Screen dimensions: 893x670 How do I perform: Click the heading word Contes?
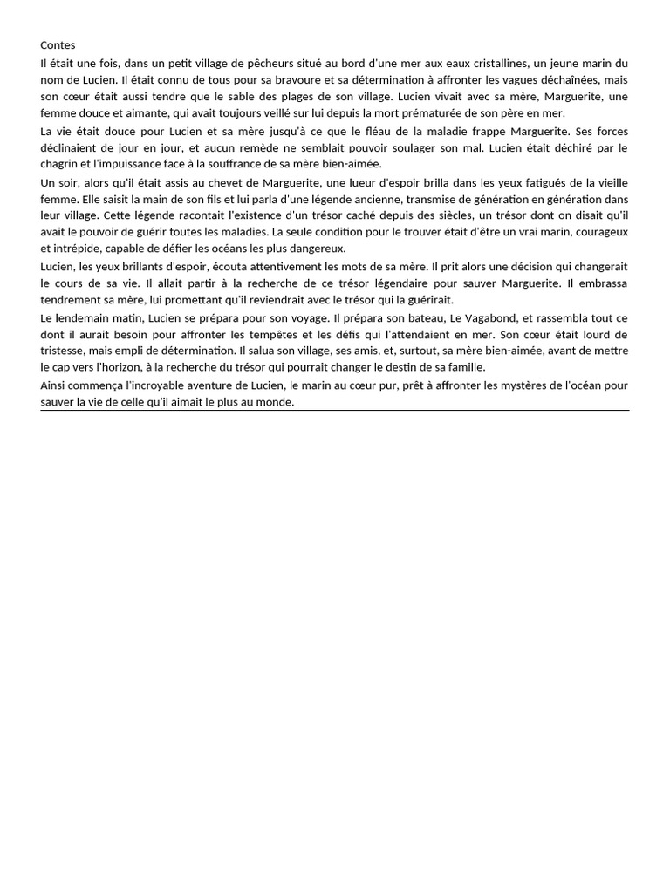[x=58, y=44]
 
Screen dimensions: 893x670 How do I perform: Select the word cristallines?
[x=472, y=64]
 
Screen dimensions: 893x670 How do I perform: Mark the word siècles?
[x=402, y=215]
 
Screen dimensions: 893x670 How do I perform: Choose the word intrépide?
[x=65, y=248]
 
